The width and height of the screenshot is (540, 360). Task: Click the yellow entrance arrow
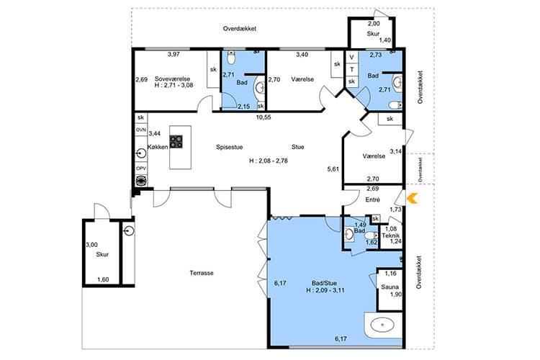[413, 199]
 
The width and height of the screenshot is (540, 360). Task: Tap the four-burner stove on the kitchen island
[176, 142]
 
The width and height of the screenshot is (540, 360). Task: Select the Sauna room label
[390, 287]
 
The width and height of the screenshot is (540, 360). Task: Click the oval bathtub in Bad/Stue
[382, 325]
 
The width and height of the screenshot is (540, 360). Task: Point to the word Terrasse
[202, 273]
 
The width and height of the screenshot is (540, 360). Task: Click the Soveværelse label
[172, 78]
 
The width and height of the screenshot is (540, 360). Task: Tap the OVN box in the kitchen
[141, 130]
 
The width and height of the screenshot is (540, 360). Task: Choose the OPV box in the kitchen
[141, 168]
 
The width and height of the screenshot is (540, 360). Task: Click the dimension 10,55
[264, 117]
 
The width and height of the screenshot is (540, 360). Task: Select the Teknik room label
[391, 235]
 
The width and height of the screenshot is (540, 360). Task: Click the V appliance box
[351, 57]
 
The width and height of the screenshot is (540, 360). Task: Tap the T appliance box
[351, 70]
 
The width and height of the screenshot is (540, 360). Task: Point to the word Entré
[373, 200]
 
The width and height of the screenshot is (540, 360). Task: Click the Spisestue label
[230, 147]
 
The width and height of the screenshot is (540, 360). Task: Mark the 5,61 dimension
[333, 168]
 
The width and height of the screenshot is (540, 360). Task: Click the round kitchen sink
[141, 153]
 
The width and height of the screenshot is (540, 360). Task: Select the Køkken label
[158, 147]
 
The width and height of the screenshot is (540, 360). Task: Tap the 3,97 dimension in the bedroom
[174, 54]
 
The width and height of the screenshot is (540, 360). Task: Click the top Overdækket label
[240, 29]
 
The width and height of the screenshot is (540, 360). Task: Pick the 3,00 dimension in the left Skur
[91, 245]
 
